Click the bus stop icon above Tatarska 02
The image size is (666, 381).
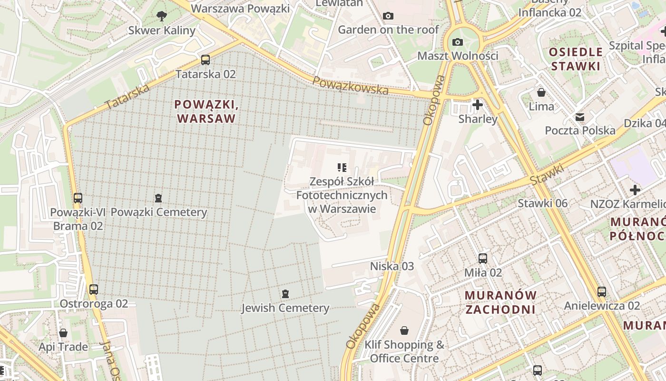206,60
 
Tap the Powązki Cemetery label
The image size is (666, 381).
159,212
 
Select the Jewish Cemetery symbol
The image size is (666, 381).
285,294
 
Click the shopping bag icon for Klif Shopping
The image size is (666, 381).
404,330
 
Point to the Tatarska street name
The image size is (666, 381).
127,97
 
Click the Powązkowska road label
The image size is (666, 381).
351,86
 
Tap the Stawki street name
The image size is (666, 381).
547,176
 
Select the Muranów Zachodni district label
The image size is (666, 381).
500,302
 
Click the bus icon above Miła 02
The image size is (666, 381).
483,259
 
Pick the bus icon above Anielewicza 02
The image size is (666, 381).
602,291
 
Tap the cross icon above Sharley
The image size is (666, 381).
478,105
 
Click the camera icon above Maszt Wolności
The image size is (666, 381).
458,42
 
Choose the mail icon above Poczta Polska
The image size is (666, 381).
580,117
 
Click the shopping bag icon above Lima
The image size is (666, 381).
541,92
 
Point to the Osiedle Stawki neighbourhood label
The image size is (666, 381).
576,59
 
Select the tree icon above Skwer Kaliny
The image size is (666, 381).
162,16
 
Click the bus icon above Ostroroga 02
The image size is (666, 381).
94,289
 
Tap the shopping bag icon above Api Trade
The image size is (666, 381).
63,333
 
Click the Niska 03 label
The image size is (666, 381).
392,266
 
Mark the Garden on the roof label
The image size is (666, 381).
388,30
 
